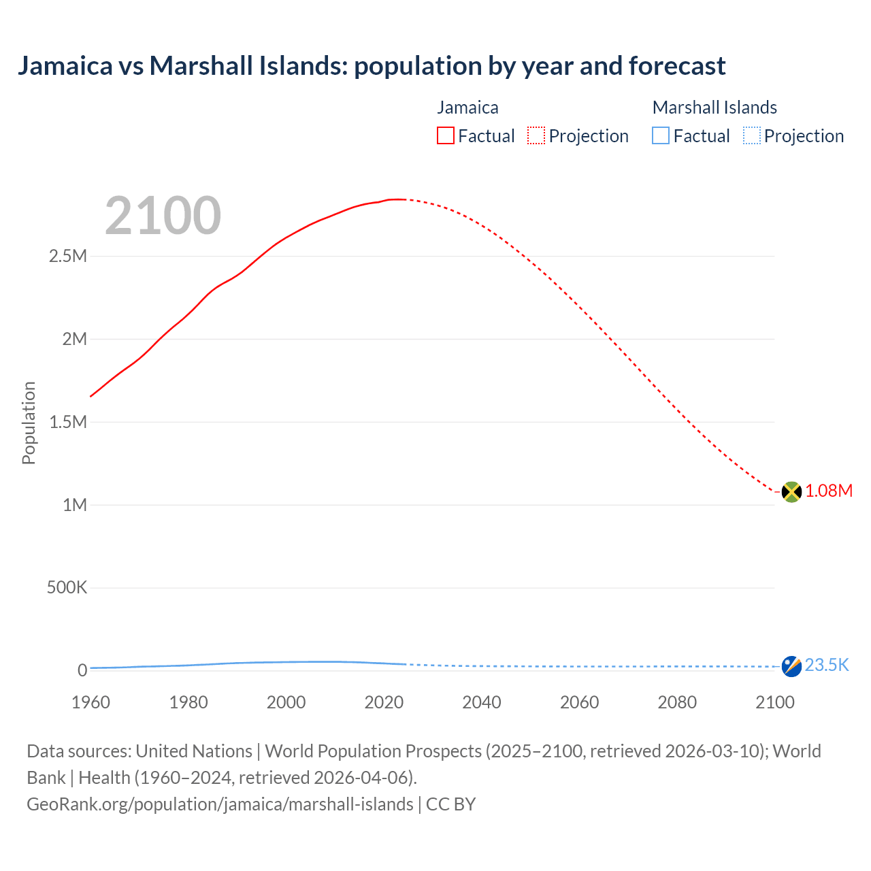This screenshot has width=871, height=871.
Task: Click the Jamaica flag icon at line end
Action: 791,491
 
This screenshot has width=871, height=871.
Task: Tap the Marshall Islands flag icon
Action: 791,666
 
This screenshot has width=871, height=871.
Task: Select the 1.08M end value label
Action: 829,491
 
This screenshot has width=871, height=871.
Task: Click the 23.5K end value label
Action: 827,665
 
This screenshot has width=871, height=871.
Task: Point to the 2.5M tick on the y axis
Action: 68,257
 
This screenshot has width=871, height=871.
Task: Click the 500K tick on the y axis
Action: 67,588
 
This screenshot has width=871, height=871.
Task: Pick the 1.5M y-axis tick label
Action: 68,422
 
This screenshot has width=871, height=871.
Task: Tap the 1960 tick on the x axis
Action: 91,702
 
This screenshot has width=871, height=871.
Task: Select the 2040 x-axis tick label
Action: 482,702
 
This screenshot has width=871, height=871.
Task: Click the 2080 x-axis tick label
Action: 677,702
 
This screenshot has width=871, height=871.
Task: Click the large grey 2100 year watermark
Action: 163,216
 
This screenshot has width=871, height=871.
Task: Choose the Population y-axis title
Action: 29,423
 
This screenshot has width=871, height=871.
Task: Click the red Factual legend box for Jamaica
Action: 446,136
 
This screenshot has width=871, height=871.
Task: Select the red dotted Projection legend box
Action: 536,136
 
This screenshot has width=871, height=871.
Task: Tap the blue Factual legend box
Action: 661,136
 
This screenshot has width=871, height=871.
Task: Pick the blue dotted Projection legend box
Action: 752,136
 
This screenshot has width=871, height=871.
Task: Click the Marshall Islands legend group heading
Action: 714,108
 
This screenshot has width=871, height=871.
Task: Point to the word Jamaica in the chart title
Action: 65,66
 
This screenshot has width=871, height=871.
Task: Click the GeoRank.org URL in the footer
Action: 220,804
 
